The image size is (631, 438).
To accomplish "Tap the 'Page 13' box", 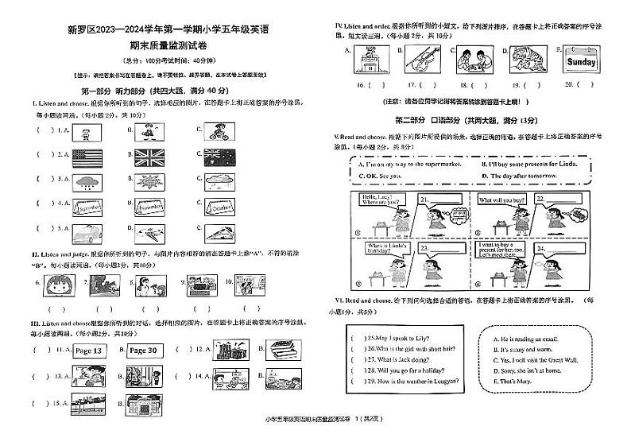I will tap(88, 351).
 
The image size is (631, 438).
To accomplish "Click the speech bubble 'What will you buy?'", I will tap(504, 201).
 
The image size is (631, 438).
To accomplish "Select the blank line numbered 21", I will tap(440, 200).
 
